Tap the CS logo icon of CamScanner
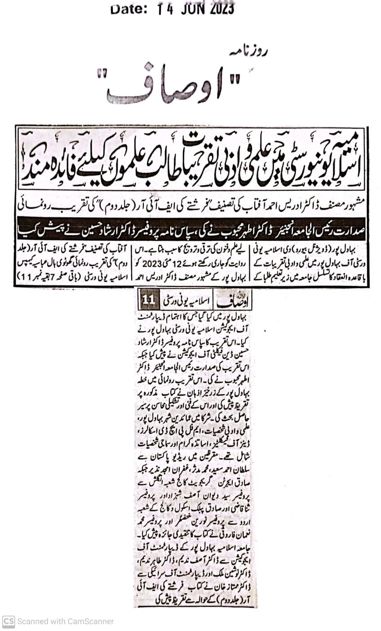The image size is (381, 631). coord(9,621)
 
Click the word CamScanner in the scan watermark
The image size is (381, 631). coord(90,621)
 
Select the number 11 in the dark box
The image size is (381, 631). coord(149,299)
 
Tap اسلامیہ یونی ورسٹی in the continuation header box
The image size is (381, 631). coord(190,299)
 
